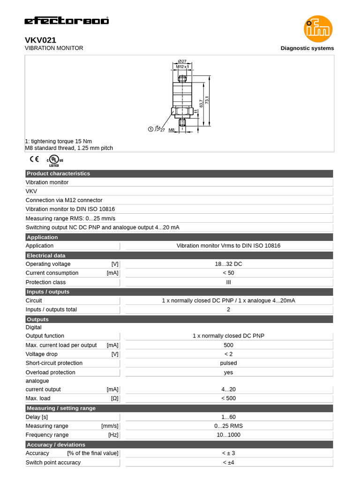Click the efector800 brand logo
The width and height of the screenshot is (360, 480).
click(x=67, y=21)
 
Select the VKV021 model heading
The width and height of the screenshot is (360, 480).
click(x=40, y=40)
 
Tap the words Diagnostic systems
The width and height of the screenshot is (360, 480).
click(x=307, y=48)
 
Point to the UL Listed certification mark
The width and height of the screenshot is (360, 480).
click(x=54, y=161)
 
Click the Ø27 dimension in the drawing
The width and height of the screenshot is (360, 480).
click(x=182, y=61)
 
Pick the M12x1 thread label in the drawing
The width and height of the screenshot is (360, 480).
click(x=182, y=67)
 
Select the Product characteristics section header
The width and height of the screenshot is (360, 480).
click(x=58, y=173)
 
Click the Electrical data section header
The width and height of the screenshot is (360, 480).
click(x=46, y=255)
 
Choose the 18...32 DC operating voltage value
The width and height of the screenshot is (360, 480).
click(x=228, y=264)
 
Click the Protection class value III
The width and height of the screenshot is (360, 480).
click(x=228, y=282)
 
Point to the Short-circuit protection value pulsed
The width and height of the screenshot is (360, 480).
click(x=228, y=363)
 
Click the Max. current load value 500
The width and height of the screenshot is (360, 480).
click(x=228, y=345)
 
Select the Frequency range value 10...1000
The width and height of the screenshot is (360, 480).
click(x=228, y=435)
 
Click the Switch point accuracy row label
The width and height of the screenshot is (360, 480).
click(x=53, y=463)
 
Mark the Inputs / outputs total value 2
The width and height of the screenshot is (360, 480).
click(x=228, y=309)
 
